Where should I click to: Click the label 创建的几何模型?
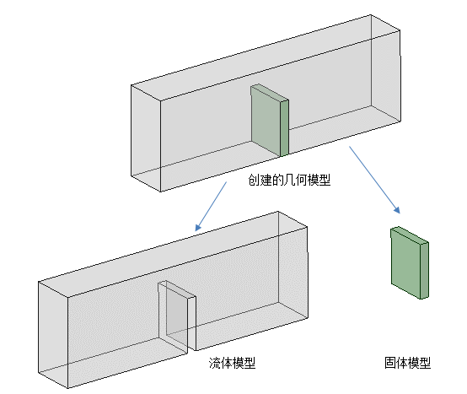[289, 180]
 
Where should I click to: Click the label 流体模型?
[232, 363]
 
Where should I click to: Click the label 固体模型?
[407, 363]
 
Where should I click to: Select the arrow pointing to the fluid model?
[211, 206]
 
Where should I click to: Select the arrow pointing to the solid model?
[374, 180]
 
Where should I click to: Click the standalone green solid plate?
[410, 262]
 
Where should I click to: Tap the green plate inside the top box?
[270, 120]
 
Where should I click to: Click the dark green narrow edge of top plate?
[284, 128]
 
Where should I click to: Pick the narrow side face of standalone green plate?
[424, 270]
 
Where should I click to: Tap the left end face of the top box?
[146, 138]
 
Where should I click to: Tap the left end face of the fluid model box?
[53, 335]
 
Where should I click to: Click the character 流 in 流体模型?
[214, 363]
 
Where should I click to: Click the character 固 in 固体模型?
[389, 363]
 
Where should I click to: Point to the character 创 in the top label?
[254, 180]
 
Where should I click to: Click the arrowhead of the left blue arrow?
[198, 228]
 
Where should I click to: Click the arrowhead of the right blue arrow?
[397, 210]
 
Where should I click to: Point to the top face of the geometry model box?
[266, 57]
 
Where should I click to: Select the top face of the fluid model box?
[173, 254]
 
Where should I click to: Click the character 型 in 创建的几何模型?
[325, 180]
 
